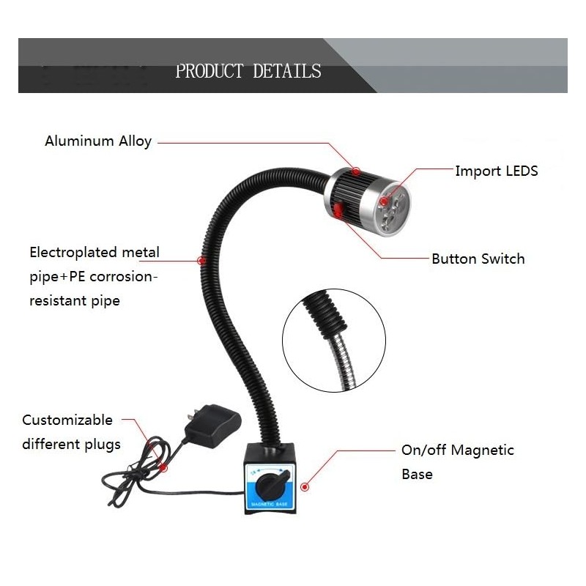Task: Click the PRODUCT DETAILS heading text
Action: point(248,71)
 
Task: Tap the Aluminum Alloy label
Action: point(98,141)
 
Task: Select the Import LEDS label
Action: point(497,171)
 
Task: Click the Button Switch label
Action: point(478,259)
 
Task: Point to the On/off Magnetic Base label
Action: point(457,462)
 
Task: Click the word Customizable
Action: point(67,420)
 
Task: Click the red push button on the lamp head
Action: point(338,209)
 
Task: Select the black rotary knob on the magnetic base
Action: point(271,486)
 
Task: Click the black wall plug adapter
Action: point(212,426)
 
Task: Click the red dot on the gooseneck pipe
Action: point(201,261)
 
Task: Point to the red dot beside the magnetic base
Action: point(305,487)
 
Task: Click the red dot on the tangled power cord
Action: point(163,467)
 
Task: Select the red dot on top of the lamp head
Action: point(356,171)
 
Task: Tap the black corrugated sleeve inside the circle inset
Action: point(324,314)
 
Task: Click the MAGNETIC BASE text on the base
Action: point(270,504)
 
